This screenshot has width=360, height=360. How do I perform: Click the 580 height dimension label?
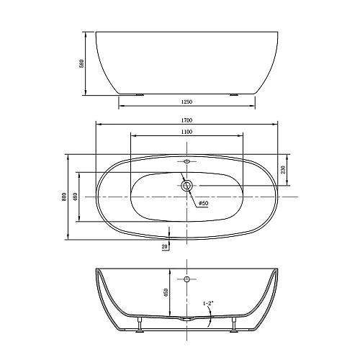pyautogui.click(x=82, y=63)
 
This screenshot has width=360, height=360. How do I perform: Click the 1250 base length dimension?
pyautogui.click(x=186, y=102)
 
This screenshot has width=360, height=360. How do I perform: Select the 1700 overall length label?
pyautogui.click(x=186, y=120)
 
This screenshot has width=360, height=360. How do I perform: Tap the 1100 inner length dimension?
pyautogui.click(x=186, y=132)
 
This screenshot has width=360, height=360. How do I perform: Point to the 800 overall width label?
pyautogui.click(x=64, y=197)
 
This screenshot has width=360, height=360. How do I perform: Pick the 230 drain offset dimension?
pyautogui.click(x=283, y=170)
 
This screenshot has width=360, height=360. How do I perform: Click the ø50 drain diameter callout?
pyautogui.click(x=203, y=203)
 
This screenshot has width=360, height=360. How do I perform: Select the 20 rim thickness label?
pyautogui.click(x=165, y=246)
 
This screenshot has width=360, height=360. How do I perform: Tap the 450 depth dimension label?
pyautogui.click(x=166, y=292)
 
